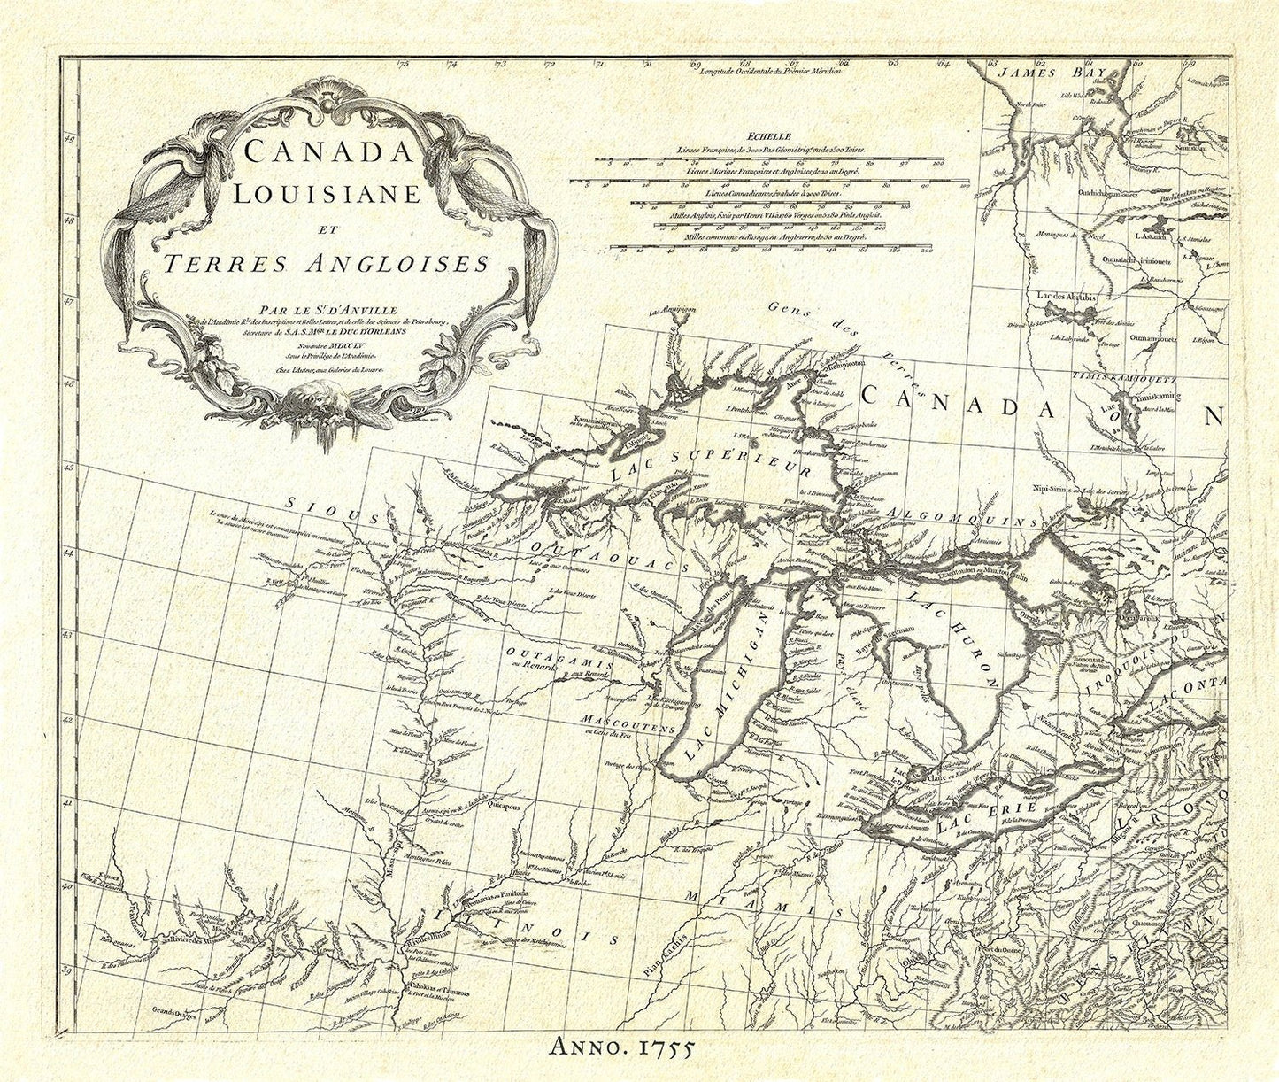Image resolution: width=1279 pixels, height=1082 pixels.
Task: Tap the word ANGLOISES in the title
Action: pos(395,263)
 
